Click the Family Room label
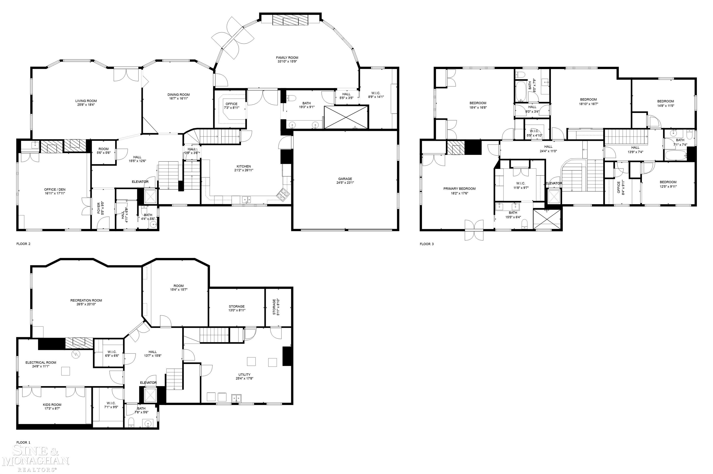click(x=287, y=57)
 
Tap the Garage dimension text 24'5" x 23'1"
click(x=345, y=183)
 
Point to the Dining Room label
click(x=178, y=95)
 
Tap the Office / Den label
click(x=55, y=190)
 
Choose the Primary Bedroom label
click(x=459, y=189)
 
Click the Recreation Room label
click(x=86, y=300)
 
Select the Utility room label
click(x=244, y=375)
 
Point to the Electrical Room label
click(x=41, y=363)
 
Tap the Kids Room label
click(x=52, y=404)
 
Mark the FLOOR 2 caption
click(x=23, y=244)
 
